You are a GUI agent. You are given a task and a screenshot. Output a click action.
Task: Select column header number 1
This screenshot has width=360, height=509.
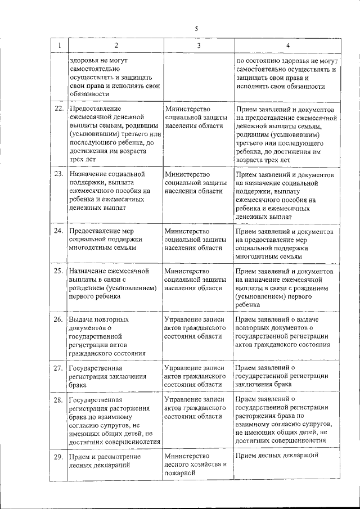[x=58, y=44]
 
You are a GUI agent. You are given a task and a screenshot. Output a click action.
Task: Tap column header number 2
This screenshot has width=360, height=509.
[x=115, y=44]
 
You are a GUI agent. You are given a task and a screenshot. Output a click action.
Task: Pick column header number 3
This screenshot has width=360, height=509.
[x=198, y=44]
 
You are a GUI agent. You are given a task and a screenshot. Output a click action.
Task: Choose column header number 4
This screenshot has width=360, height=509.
[x=287, y=44]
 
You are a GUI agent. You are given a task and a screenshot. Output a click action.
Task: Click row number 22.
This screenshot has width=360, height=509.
[x=58, y=109]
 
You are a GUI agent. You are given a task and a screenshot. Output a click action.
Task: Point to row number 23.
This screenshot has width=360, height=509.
[x=58, y=174]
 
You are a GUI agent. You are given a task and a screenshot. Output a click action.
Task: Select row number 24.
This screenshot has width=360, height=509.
[x=58, y=231]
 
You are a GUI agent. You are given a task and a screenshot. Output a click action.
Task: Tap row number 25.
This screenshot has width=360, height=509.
[x=58, y=271]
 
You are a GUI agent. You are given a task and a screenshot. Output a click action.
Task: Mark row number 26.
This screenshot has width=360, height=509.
[x=58, y=319]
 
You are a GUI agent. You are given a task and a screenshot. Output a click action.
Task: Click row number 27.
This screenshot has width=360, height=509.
[x=58, y=368]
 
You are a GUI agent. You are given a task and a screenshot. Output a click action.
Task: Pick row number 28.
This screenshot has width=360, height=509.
[x=58, y=400]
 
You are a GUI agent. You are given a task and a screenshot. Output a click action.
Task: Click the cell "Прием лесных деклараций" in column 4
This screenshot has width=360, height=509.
[x=278, y=456]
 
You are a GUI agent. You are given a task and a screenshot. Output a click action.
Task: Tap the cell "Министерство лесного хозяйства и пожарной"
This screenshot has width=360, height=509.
[x=195, y=465]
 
